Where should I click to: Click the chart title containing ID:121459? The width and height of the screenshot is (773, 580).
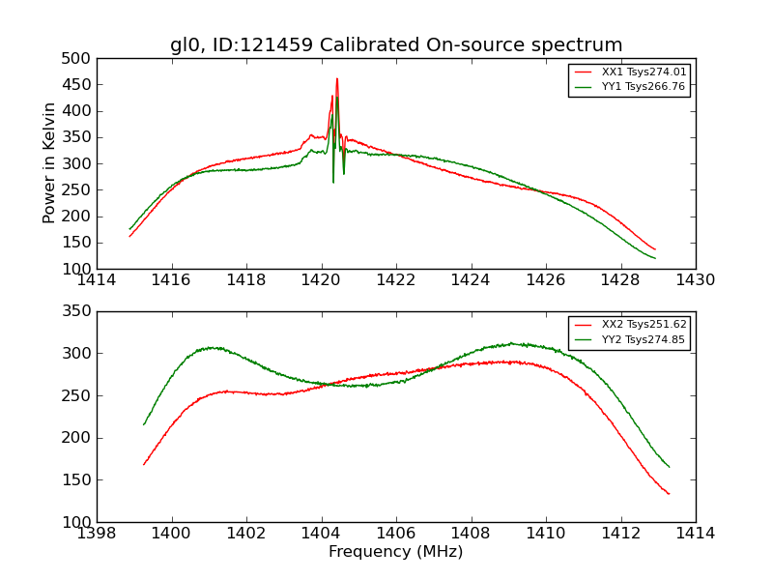coord(396,45)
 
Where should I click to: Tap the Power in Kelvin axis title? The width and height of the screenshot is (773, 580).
coord(50,163)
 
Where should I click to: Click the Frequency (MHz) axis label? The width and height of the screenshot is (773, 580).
coord(396,552)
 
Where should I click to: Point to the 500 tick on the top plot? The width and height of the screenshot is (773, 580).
coord(79,59)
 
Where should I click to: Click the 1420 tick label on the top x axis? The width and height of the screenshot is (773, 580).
coord(322,280)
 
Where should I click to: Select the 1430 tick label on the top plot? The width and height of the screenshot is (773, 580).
coord(696,280)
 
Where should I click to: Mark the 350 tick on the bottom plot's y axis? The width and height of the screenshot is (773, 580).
coord(79,311)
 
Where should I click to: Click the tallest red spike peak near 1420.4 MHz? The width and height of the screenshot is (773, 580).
coord(337,79)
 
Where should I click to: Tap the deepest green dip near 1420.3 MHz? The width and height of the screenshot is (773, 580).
coord(333,182)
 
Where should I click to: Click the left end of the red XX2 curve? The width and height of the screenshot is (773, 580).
coord(144,465)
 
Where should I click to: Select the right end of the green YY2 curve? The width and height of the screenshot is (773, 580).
coord(669,467)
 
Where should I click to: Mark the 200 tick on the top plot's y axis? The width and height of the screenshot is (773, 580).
coord(79,217)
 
